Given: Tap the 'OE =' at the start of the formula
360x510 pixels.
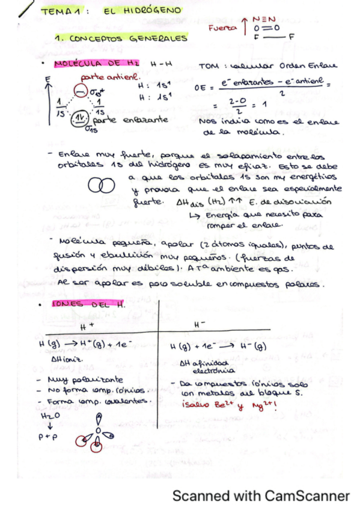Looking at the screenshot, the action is [201, 87].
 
